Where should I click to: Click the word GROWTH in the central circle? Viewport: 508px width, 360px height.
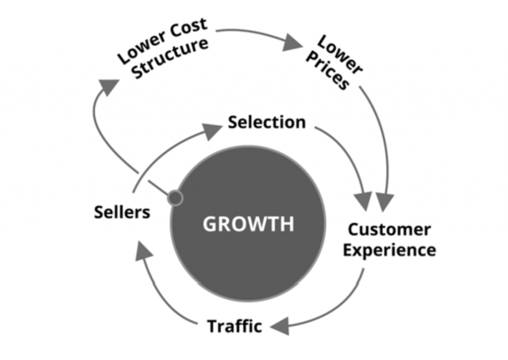coord(248,224)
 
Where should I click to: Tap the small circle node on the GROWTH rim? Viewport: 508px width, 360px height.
coord(175,198)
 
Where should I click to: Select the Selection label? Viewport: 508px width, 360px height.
coord(266,122)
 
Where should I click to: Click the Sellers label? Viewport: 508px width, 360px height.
coord(122,213)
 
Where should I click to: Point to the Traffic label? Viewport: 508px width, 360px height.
coord(234,326)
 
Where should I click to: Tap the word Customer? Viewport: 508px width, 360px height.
coord(389,229)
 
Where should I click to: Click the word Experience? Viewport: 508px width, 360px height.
coord(389,249)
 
